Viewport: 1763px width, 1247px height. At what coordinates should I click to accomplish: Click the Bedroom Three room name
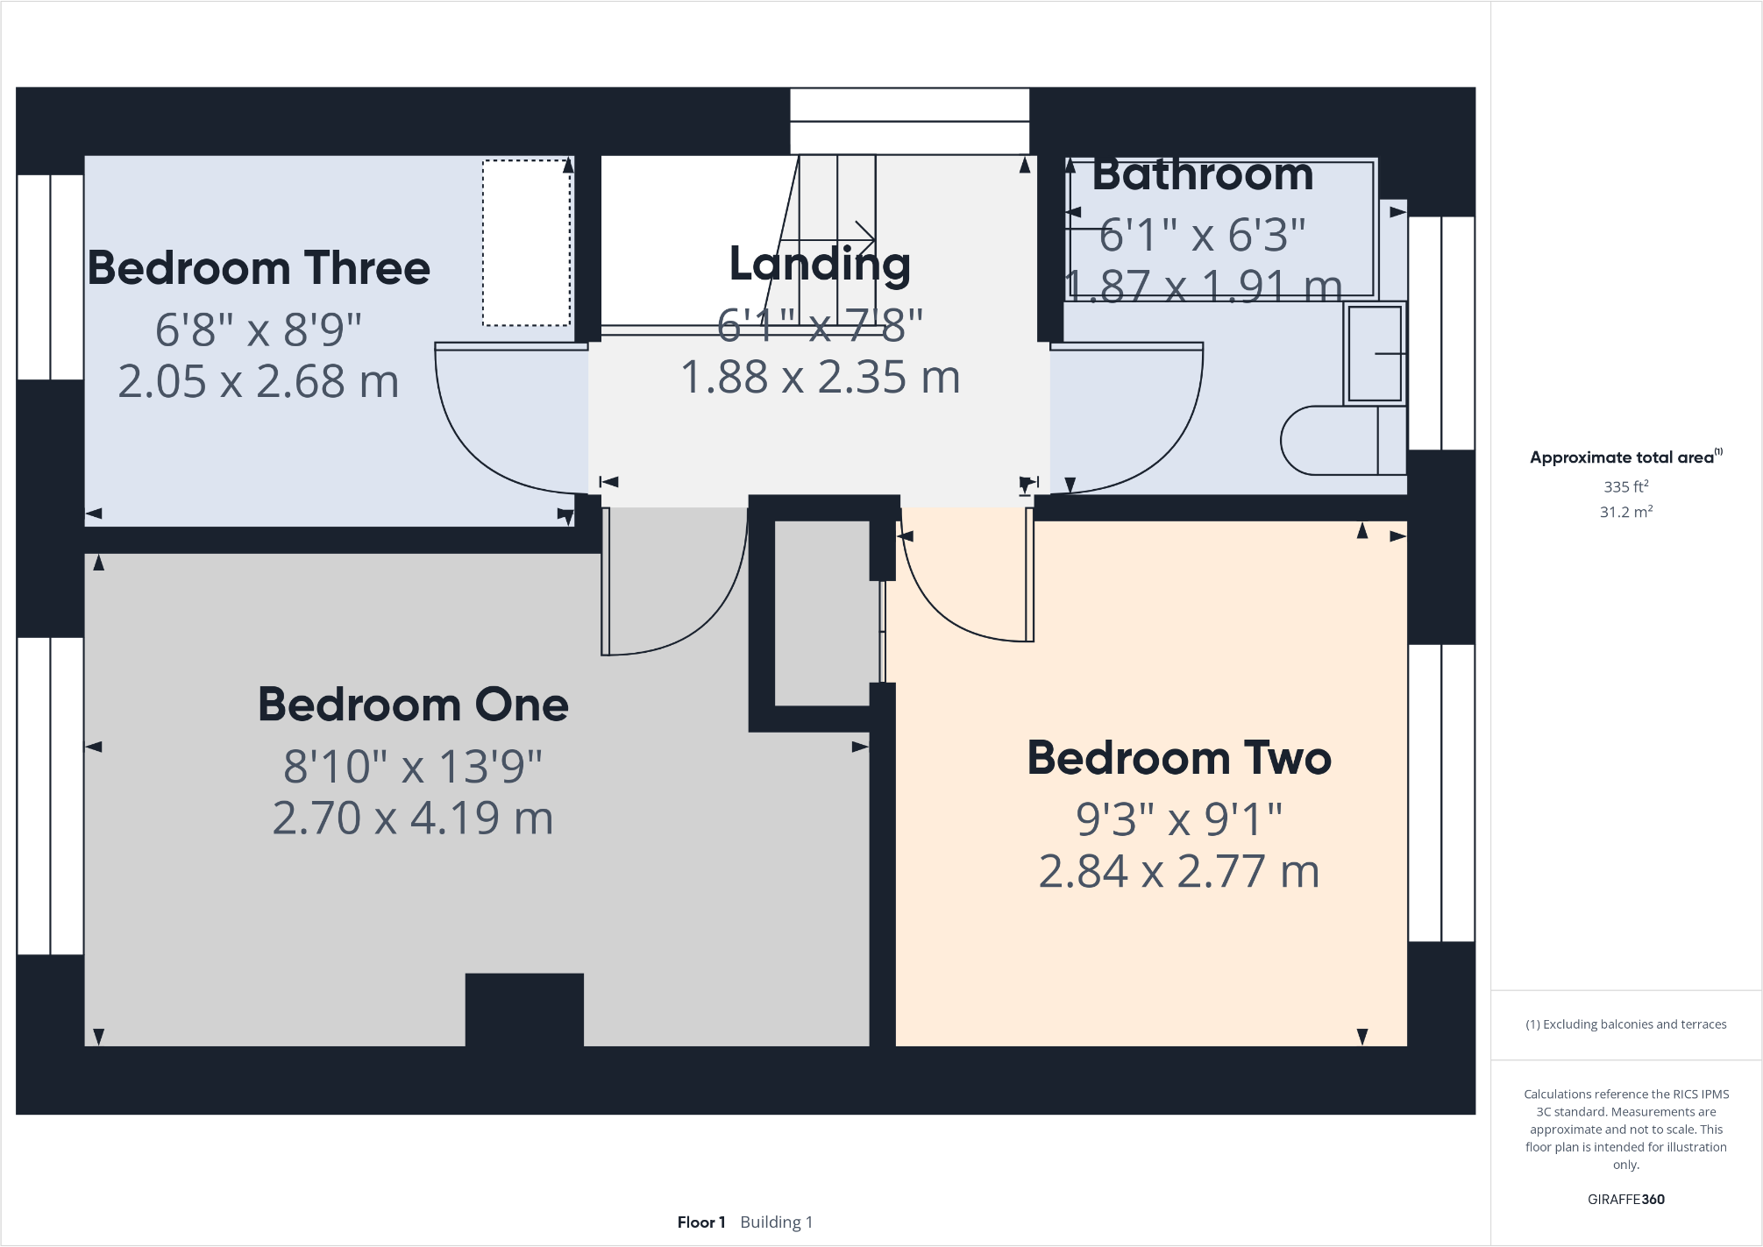(x=259, y=268)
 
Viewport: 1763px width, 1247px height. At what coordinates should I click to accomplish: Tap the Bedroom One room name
(x=413, y=705)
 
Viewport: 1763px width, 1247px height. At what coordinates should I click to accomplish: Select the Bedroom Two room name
(x=1179, y=758)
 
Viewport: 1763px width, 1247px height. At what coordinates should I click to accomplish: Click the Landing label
(x=820, y=264)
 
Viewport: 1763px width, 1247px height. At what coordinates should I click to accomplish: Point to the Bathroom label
(x=1203, y=174)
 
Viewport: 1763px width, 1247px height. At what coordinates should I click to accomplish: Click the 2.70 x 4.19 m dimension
(x=413, y=818)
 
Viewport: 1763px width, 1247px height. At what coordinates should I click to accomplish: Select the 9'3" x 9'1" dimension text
(x=1179, y=819)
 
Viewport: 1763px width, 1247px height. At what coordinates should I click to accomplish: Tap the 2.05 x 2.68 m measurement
(x=259, y=381)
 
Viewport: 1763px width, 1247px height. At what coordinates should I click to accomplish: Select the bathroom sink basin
(x=1374, y=352)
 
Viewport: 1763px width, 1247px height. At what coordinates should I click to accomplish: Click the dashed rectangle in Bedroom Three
(x=526, y=243)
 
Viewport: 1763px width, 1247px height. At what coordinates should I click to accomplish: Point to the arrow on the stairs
(x=864, y=237)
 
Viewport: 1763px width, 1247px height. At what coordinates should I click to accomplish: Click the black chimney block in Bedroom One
(x=524, y=1009)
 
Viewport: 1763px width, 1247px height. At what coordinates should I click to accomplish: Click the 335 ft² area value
(x=1625, y=486)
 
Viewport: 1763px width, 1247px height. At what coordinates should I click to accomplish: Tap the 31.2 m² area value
(x=1625, y=512)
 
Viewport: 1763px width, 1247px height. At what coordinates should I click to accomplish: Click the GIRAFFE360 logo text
(x=1625, y=1199)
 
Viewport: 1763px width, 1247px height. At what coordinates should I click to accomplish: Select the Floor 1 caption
(x=700, y=1222)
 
